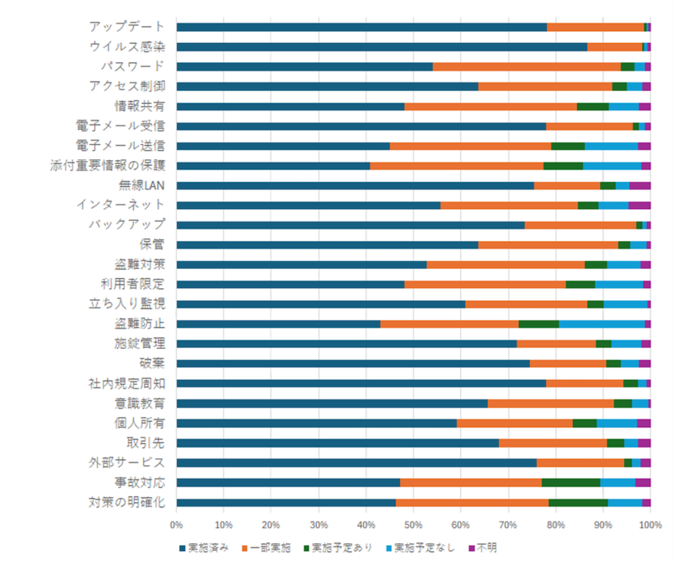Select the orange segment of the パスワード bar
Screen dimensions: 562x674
(x=527, y=67)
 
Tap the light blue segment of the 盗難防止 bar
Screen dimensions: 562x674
(x=602, y=324)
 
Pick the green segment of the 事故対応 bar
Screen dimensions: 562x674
(x=570, y=482)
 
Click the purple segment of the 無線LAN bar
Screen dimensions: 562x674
(x=639, y=185)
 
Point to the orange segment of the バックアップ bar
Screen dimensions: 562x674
(x=580, y=225)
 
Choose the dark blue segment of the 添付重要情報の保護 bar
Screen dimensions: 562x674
(x=273, y=165)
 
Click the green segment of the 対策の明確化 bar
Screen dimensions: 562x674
(x=578, y=502)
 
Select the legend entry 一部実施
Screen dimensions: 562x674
(x=269, y=548)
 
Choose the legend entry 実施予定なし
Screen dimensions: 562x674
(x=420, y=548)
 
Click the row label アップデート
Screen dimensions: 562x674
(x=126, y=27)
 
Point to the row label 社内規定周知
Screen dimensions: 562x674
(x=126, y=383)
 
